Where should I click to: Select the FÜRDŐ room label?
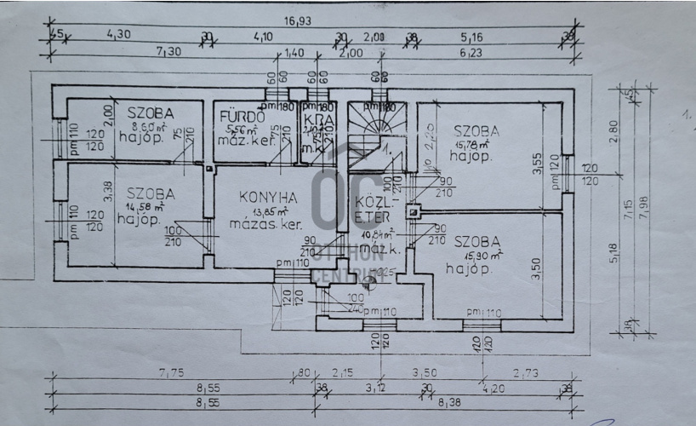tap(239, 115)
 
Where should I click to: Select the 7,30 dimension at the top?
tap(171, 52)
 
